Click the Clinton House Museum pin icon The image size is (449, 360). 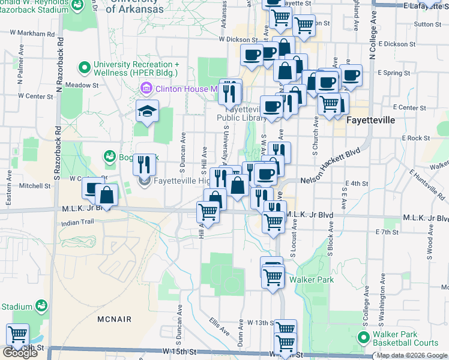coord(146,89)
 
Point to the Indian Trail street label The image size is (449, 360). coord(78,223)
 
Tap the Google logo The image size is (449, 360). coord(20,353)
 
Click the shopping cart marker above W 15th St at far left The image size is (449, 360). coord(17,333)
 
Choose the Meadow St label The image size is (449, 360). coord(82,86)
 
